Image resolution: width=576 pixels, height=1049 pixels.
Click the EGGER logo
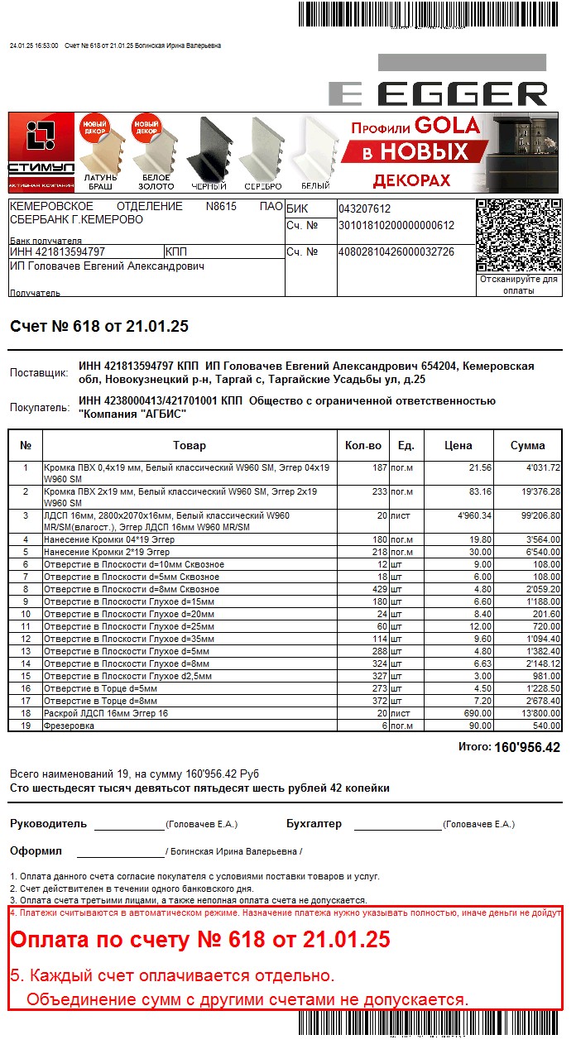click(439, 93)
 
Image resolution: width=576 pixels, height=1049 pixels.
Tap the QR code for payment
click(518, 237)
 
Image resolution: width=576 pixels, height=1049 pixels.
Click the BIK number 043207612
click(364, 209)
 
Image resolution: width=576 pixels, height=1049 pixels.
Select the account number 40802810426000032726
click(396, 251)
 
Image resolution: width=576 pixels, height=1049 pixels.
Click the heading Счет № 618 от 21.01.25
click(99, 327)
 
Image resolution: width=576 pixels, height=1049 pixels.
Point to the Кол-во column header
click(363, 446)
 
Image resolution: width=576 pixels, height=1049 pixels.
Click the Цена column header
click(458, 446)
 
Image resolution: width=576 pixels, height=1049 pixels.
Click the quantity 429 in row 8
click(378, 589)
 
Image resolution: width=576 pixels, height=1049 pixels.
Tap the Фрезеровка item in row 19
click(69, 726)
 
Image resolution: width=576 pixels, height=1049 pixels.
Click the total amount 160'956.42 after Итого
click(527, 748)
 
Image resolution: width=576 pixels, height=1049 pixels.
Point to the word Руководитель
click(48, 824)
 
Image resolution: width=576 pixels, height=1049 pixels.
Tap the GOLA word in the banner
click(448, 126)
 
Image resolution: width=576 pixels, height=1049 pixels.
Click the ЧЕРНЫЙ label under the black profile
click(209, 186)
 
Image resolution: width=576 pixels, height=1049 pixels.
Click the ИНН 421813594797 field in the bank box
click(58, 251)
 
